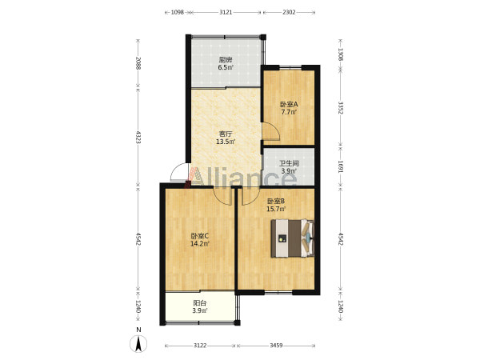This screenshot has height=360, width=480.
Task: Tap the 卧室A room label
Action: (290, 104)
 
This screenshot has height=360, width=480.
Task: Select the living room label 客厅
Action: (226, 134)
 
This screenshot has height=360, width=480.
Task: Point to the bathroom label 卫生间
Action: (289, 163)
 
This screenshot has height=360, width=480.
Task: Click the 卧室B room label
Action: (276, 202)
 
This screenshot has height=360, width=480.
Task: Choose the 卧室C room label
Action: (199, 236)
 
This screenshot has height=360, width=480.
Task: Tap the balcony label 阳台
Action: (199, 303)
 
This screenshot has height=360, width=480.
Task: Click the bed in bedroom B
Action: (293, 238)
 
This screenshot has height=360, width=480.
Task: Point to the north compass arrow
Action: (138, 343)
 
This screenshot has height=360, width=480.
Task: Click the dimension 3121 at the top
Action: (226, 12)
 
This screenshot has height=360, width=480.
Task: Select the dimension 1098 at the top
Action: (178, 12)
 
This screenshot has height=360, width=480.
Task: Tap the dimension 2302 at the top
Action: (289, 12)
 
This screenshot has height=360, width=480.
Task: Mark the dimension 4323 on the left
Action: (138, 138)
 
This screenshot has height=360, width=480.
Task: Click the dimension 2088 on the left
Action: (138, 63)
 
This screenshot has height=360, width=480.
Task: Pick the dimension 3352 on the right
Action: (340, 108)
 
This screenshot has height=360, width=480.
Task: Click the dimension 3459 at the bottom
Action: (276, 346)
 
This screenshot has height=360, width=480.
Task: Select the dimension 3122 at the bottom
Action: (200, 346)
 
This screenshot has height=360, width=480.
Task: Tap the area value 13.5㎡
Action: (226, 142)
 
